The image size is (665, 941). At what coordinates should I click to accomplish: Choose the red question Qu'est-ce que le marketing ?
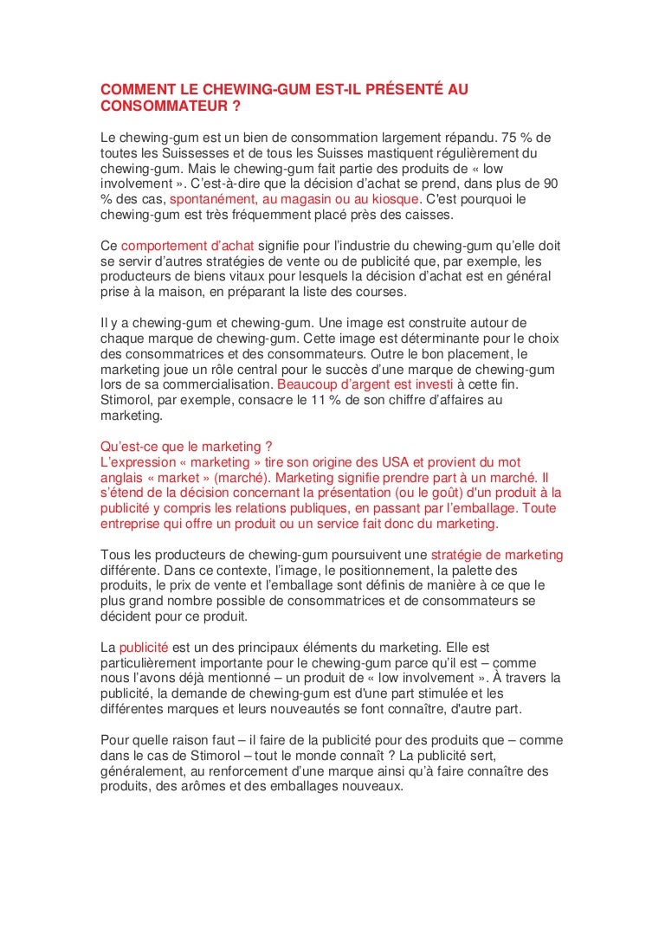pyautogui.click(x=181, y=447)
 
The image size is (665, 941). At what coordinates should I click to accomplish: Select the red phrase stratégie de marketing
pyautogui.click(x=496, y=555)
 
